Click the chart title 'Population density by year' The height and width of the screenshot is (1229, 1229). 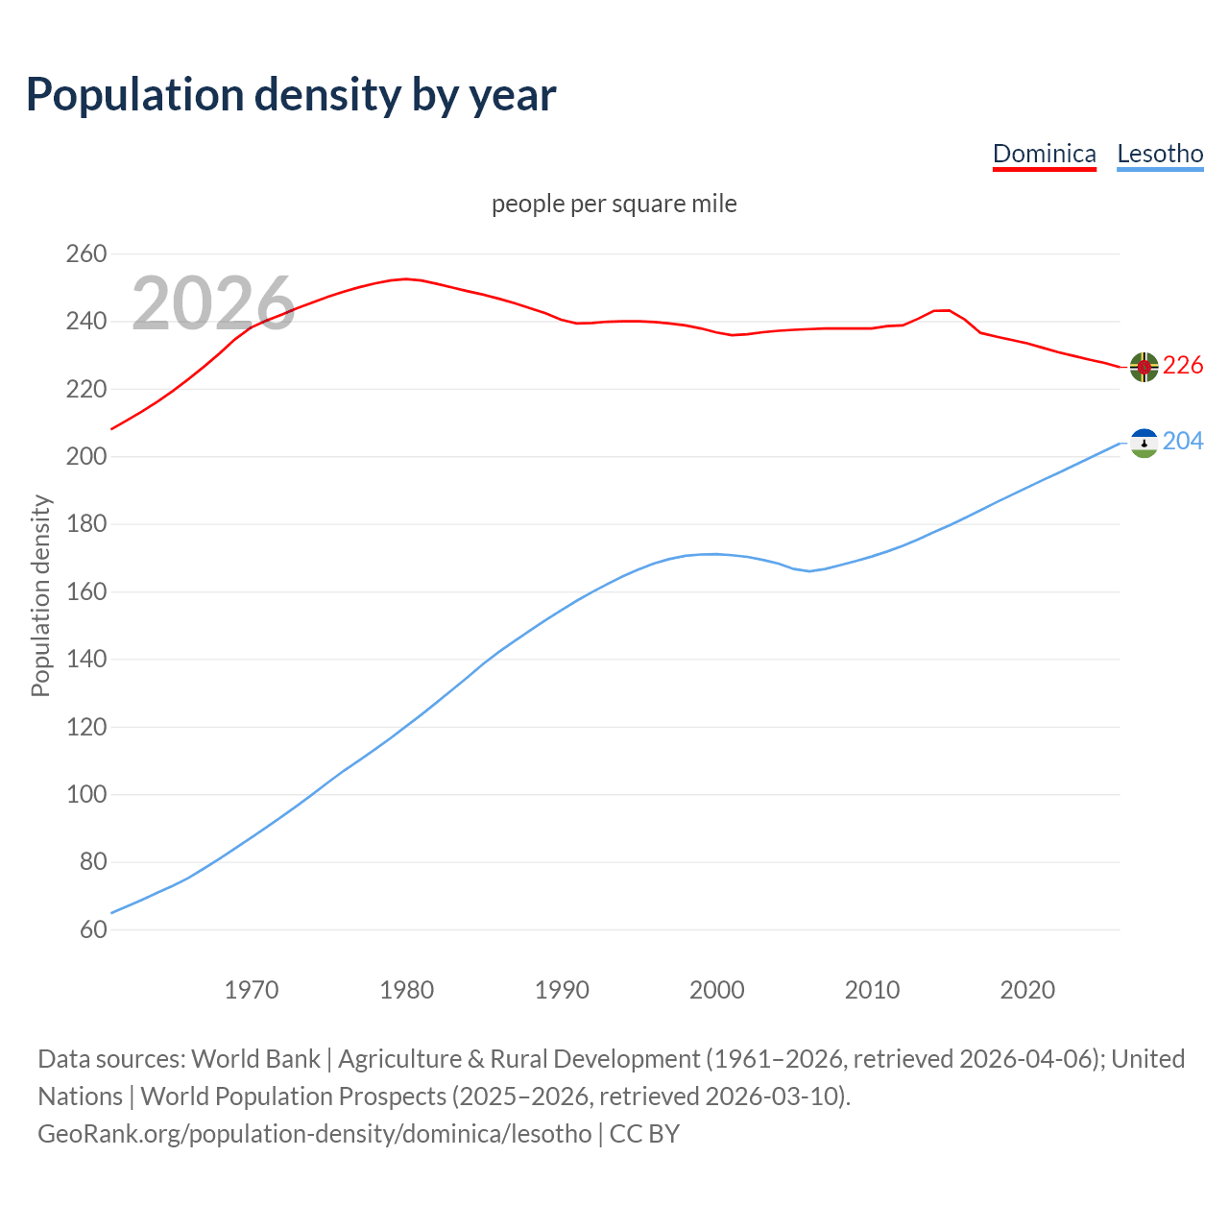pyautogui.click(x=291, y=94)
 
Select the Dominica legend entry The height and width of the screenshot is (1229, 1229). pyautogui.click(x=1044, y=154)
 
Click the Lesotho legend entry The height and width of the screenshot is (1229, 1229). pyautogui.click(x=1160, y=154)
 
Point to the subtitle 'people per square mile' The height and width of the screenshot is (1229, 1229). pyautogui.click(x=614, y=204)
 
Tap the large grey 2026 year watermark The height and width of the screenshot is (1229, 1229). pyautogui.click(x=213, y=303)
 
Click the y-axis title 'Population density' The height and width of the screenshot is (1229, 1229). pyautogui.click(x=40, y=595)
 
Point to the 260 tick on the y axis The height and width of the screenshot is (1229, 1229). pyautogui.click(x=86, y=254)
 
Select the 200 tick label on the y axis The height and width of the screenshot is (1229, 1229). pyautogui.click(x=86, y=457)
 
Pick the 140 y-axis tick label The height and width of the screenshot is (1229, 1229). pyautogui.click(x=86, y=660)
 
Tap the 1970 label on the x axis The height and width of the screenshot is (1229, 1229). pyautogui.click(x=252, y=990)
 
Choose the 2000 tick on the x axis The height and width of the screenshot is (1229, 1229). pyautogui.click(x=717, y=990)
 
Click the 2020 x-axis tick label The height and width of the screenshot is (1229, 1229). pyautogui.click(x=1027, y=990)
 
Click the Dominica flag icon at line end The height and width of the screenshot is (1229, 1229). pyautogui.click(x=1144, y=367)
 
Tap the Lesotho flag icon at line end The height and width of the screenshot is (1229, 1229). pyautogui.click(x=1144, y=443)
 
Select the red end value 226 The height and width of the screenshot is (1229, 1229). pyautogui.click(x=1183, y=366)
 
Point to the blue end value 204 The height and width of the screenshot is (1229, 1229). pyautogui.click(x=1183, y=441)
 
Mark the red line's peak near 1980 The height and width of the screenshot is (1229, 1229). pyautogui.click(x=406, y=278)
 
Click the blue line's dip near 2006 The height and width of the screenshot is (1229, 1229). pyautogui.click(x=809, y=571)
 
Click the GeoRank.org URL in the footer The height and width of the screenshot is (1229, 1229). pyautogui.click(x=314, y=1134)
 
